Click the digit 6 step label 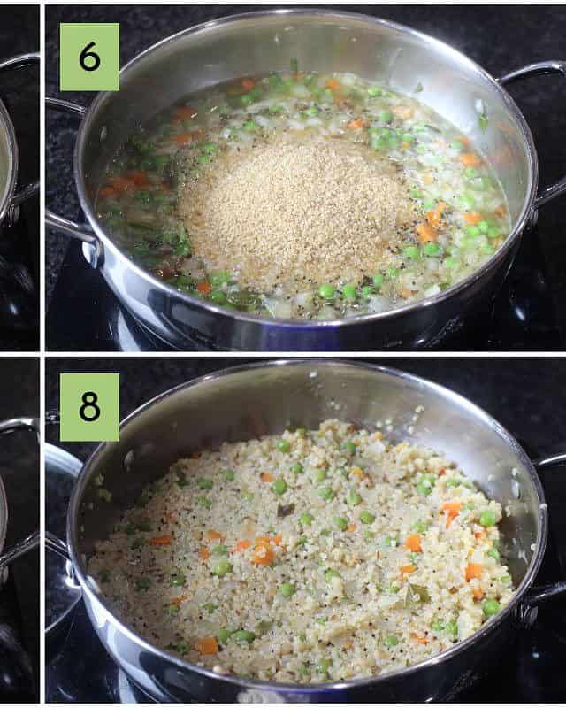89,57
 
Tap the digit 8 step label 89,406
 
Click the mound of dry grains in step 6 294,208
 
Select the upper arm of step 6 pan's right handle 532,72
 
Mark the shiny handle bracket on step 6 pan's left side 92,253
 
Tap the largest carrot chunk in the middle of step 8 264,553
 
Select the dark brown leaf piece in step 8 286,510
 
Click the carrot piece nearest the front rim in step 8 207,646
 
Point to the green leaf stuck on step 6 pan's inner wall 483,119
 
